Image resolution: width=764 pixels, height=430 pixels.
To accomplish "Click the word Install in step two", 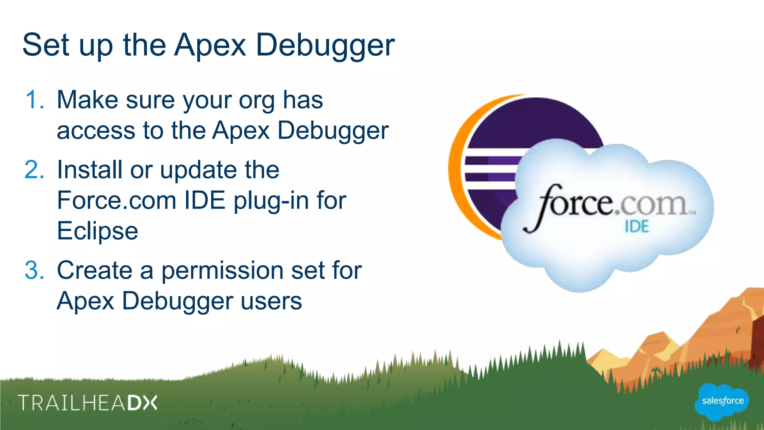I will [x=90, y=170].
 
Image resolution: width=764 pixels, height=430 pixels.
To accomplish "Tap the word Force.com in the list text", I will [x=116, y=200].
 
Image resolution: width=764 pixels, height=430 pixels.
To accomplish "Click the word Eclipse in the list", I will [x=97, y=231].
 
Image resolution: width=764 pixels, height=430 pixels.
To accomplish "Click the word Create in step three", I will [x=94, y=270].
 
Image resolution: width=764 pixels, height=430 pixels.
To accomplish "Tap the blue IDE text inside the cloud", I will [x=637, y=227].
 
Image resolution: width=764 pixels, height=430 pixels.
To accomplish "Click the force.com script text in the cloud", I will [x=608, y=205].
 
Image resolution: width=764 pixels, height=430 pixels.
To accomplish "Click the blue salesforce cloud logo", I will [x=722, y=401].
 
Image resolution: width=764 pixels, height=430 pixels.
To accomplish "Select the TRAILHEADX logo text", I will [x=88, y=403].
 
